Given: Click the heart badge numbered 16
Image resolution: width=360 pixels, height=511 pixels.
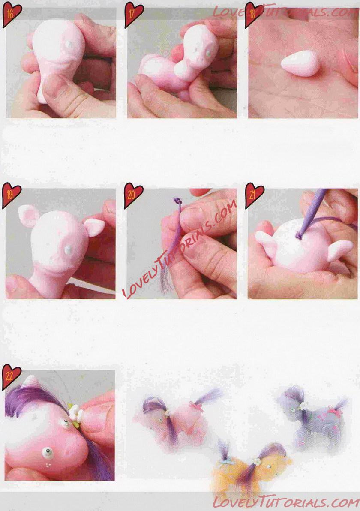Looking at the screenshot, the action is tap(12, 14).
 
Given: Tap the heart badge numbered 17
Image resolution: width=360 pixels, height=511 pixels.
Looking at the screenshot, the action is tap(134, 15).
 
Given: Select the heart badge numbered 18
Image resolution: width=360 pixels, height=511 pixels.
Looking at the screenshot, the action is tap(253, 15).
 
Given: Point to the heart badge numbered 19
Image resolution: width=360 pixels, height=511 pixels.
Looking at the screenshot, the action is tap(12, 195).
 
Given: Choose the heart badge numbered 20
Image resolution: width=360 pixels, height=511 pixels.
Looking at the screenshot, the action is tap(133, 195).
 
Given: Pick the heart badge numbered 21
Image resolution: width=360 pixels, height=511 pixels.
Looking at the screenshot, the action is tap(254, 195).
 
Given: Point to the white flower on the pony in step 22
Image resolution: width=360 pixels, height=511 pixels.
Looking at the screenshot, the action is tap(75, 410).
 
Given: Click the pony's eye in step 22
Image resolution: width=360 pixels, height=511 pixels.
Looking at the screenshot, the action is tap(48, 452).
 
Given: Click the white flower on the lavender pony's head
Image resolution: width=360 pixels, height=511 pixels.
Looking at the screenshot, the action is tap(304, 406).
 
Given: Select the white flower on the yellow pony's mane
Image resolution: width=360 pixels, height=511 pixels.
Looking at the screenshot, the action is tap(258, 461).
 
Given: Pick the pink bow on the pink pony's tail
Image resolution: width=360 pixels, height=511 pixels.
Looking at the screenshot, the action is tap(197, 406).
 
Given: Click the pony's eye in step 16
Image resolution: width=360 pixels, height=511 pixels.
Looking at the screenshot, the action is tap(69, 44).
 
